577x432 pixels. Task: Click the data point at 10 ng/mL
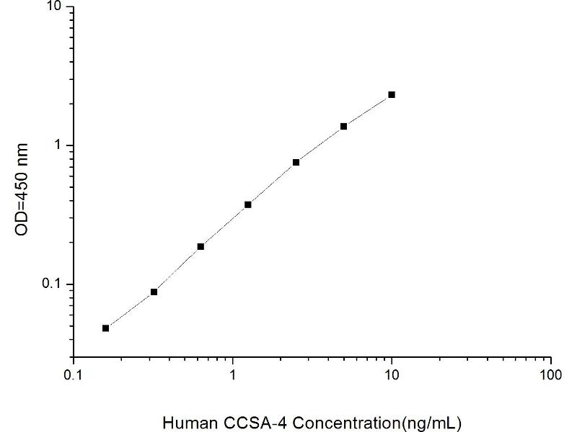(x=392, y=94)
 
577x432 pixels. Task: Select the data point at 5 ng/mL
(x=343, y=126)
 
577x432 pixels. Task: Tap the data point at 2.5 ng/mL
(x=296, y=162)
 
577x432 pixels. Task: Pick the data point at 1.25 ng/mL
(x=248, y=204)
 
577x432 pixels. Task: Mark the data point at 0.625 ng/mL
(x=201, y=246)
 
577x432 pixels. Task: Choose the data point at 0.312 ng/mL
(x=154, y=292)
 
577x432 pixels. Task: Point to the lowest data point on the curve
(x=106, y=328)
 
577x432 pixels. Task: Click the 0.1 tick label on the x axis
(x=72, y=376)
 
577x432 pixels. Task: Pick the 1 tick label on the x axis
(x=232, y=376)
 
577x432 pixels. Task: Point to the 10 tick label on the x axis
(x=392, y=376)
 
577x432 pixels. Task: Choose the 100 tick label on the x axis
(x=551, y=376)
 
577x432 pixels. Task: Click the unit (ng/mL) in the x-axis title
(x=433, y=420)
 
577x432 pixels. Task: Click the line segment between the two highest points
(x=368, y=110)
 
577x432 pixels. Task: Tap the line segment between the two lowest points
(x=130, y=310)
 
